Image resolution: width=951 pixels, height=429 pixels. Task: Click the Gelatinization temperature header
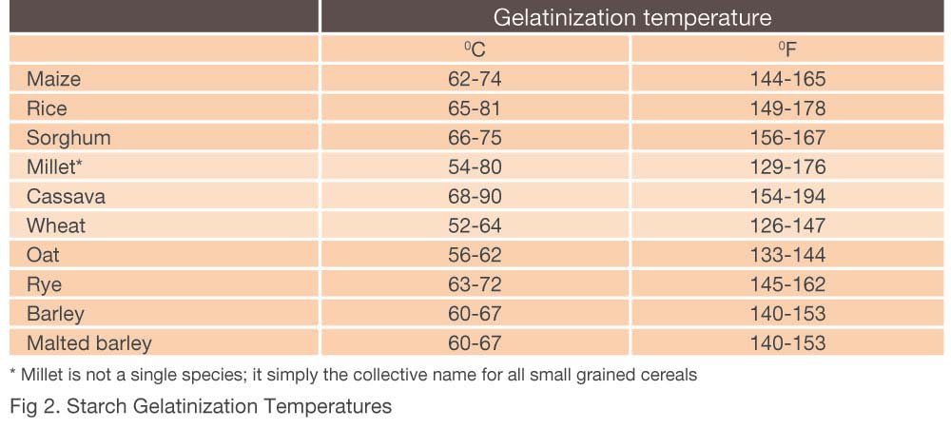(631, 17)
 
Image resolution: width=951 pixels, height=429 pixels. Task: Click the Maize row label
(54, 79)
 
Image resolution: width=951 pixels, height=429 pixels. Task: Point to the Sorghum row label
(68, 138)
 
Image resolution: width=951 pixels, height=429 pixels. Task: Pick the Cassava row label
(66, 197)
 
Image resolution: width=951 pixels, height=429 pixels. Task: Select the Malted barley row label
(88, 342)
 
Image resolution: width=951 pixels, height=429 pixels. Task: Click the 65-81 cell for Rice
(475, 108)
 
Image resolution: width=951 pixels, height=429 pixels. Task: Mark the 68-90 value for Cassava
(475, 197)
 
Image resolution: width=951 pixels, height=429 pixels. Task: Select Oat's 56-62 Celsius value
(475, 255)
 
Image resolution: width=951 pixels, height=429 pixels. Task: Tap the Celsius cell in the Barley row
(475, 314)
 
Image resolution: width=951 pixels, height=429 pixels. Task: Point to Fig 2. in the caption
(32, 407)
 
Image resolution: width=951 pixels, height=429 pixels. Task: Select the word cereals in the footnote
(669, 375)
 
